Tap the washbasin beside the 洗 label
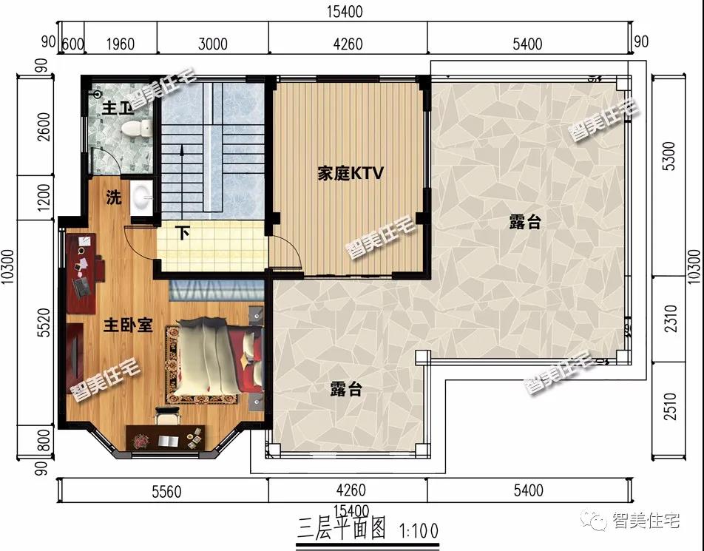[143, 196]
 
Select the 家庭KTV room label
[351, 173]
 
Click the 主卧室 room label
[128, 325]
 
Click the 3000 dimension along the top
[213, 44]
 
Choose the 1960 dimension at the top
[121, 44]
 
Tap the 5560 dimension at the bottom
[166, 492]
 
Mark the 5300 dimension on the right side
[669, 156]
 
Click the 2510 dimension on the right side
[669, 406]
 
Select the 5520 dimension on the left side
[44, 322]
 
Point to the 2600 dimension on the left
[44, 126]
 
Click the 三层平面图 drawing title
[342, 528]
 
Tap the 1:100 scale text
[419, 532]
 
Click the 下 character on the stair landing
[182, 233]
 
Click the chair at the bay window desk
[166, 416]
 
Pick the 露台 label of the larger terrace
[525, 222]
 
